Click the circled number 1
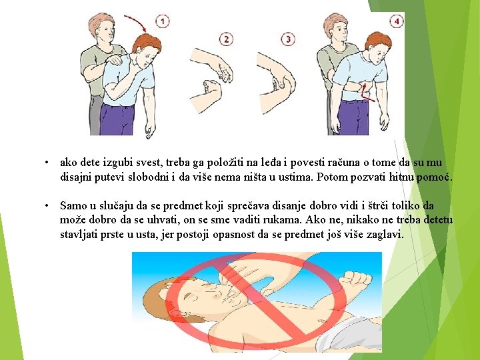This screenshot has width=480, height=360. click(163, 21)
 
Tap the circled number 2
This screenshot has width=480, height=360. click(226, 39)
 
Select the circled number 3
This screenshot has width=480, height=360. click(288, 39)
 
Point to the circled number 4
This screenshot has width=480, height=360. click(397, 21)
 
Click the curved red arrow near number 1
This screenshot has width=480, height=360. click(137, 20)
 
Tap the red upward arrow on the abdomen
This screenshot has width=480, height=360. click(367, 92)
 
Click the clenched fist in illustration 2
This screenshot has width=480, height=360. click(212, 87)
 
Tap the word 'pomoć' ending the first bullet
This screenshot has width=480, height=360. click(434, 177)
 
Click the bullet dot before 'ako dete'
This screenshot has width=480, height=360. click(47, 162)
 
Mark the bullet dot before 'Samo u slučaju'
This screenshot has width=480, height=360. click(47, 205)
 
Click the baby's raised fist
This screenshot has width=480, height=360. click(356, 280)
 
